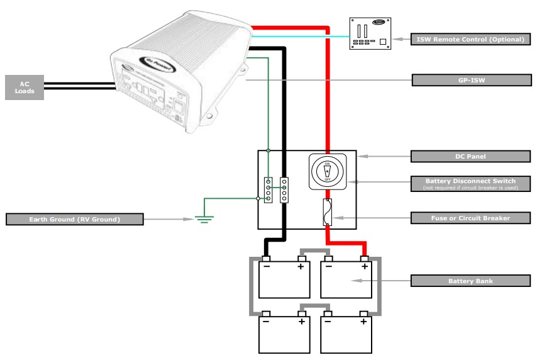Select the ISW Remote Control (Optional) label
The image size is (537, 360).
(x=470, y=39)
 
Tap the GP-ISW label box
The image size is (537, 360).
(x=470, y=80)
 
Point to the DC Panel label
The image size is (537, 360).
(x=470, y=155)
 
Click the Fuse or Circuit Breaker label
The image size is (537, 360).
(x=470, y=218)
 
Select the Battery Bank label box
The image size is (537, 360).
(x=470, y=280)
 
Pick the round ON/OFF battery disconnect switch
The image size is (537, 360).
(x=326, y=170)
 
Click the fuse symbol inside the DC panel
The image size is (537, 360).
(x=326, y=212)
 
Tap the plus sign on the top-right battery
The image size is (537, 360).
(x=363, y=267)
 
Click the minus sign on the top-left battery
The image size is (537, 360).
(x=267, y=267)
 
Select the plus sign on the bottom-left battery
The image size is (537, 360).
(x=302, y=322)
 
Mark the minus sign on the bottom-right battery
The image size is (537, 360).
(x=328, y=322)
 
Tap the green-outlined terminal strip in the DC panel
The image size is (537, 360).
(x=268, y=189)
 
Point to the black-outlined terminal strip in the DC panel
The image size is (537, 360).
(x=284, y=189)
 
